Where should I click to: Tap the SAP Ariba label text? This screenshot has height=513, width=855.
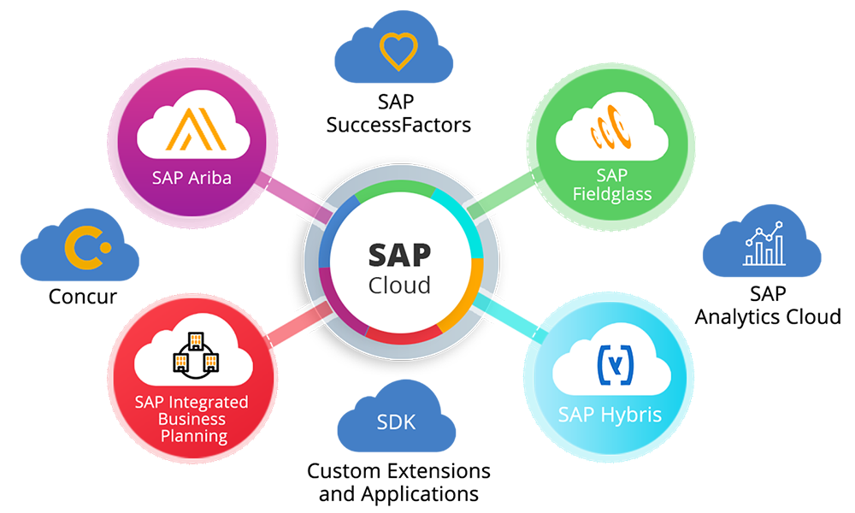[192, 179]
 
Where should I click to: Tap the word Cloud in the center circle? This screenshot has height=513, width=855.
[399, 285]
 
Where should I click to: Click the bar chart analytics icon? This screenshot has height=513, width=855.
[764, 245]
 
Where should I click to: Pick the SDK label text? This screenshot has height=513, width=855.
[398, 422]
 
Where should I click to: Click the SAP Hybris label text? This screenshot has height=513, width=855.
[610, 416]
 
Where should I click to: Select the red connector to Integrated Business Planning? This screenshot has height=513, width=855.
[295, 323]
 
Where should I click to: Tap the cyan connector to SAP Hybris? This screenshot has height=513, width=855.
[504, 316]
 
